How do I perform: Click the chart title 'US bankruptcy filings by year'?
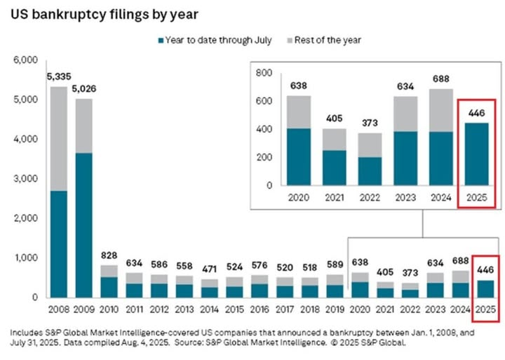coord(104,14)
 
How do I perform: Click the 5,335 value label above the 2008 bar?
coord(58,76)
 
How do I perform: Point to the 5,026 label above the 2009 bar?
coord(83,88)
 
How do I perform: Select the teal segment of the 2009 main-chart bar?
coord(83,225)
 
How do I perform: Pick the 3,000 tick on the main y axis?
coord(27,179)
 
